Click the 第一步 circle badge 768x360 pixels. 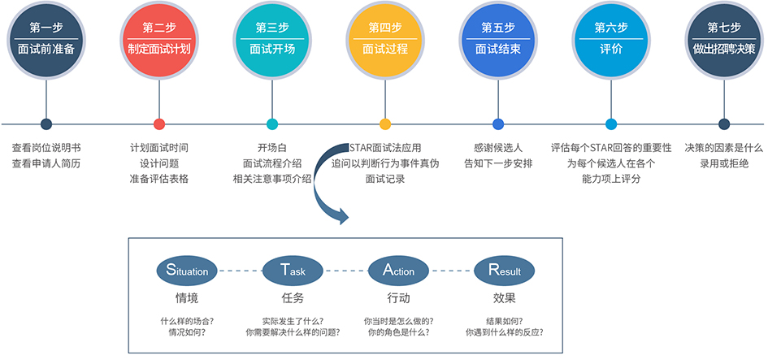point(46,38)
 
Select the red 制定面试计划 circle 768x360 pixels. point(159,38)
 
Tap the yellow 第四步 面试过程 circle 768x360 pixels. point(385,38)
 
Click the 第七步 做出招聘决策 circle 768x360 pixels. point(724,38)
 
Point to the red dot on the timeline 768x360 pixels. point(159,124)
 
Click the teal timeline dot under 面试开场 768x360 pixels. point(272,124)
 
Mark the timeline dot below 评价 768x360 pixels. point(611,124)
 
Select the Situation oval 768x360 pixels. point(187,271)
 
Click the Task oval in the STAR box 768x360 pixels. point(293,271)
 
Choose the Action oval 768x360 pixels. point(398,271)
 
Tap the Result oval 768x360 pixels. point(504,271)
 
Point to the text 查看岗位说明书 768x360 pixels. point(46,149)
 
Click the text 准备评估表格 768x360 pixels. point(159,178)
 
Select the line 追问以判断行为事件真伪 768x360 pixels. point(385,163)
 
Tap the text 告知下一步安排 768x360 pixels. point(498,163)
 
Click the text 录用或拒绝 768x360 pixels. point(724,163)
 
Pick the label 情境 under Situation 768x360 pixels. point(187,297)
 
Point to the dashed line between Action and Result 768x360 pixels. point(451,271)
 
